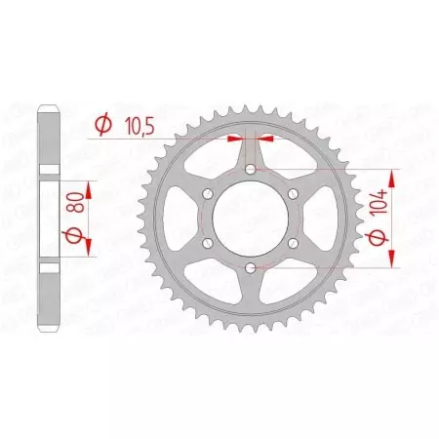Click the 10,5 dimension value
click(x=133, y=123)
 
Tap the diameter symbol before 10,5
click(x=100, y=123)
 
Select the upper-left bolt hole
click(x=208, y=194)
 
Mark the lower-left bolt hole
click(x=208, y=243)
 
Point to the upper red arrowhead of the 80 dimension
click(x=89, y=186)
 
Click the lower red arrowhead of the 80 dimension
click(x=89, y=251)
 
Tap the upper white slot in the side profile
click(x=50, y=169)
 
